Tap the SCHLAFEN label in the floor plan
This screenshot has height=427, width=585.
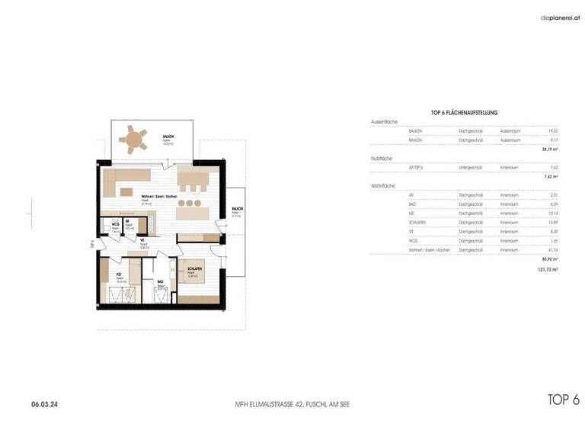point(193,269)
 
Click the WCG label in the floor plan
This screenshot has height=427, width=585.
point(114,224)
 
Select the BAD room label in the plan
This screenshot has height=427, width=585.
point(160,281)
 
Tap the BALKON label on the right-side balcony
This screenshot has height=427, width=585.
point(238,207)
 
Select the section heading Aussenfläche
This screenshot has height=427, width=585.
point(384,122)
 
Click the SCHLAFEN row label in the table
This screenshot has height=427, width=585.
point(417,222)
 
